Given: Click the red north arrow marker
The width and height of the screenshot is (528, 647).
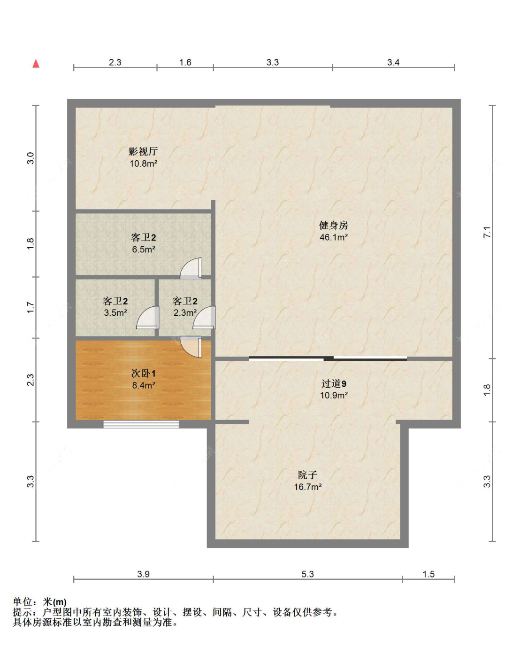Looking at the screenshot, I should [x=36, y=63].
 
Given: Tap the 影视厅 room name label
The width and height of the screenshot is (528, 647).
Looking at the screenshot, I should [x=143, y=151].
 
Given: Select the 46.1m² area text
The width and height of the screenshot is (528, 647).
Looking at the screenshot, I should [x=333, y=237].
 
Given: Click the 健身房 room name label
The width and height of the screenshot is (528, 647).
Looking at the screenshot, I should [x=333, y=226].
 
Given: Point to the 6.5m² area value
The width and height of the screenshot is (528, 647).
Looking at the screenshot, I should [x=143, y=249].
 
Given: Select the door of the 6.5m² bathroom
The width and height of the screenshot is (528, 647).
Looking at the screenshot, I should [x=192, y=268].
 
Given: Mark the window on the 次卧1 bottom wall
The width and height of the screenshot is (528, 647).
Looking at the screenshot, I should [x=141, y=424].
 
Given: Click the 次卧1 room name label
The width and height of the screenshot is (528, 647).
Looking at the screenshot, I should [x=143, y=373].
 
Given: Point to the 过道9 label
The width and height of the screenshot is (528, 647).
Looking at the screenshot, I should [x=334, y=383].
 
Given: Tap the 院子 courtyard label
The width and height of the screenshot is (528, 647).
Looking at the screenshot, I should [x=307, y=475].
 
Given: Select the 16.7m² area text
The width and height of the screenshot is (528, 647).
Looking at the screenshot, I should [x=307, y=487].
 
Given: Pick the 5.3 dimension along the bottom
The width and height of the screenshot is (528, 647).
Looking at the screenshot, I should [x=307, y=574].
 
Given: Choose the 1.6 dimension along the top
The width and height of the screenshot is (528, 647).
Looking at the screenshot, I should [x=185, y=62].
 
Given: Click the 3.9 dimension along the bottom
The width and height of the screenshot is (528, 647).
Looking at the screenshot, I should [x=143, y=574].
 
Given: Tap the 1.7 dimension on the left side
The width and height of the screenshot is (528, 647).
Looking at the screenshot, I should [x=31, y=308].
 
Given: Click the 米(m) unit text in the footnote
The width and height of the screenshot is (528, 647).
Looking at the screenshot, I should [x=54, y=602].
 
